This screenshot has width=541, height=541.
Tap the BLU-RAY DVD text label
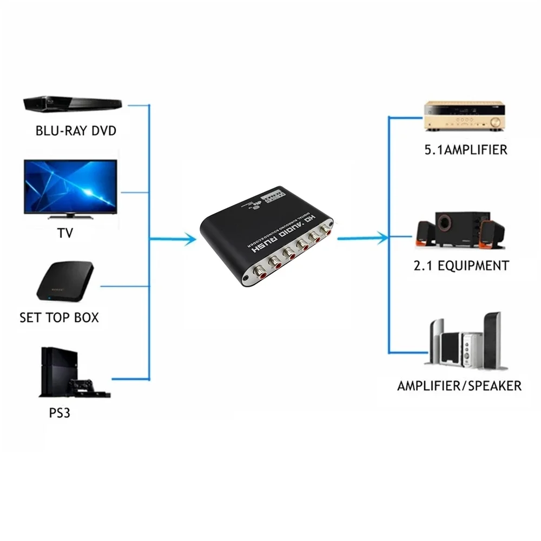pyautogui.click(x=76, y=131)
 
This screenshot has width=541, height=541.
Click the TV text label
pyautogui.click(x=65, y=234)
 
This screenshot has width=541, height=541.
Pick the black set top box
pyautogui.click(x=65, y=282)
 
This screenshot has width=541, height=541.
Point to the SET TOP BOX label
pyautogui.click(x=60, y=318)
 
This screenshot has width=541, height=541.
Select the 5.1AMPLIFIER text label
pyautogui.click(x=466, y=150)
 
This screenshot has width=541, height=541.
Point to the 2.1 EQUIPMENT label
pyautogui.click(x=466, y=266)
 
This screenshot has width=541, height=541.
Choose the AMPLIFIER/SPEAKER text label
pyautogui.click(x=459, y=386)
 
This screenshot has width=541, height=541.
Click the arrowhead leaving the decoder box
pyautogui.click(x=383, y=236)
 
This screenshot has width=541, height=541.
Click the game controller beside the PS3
pyautogui.click(x=81, y=386)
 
